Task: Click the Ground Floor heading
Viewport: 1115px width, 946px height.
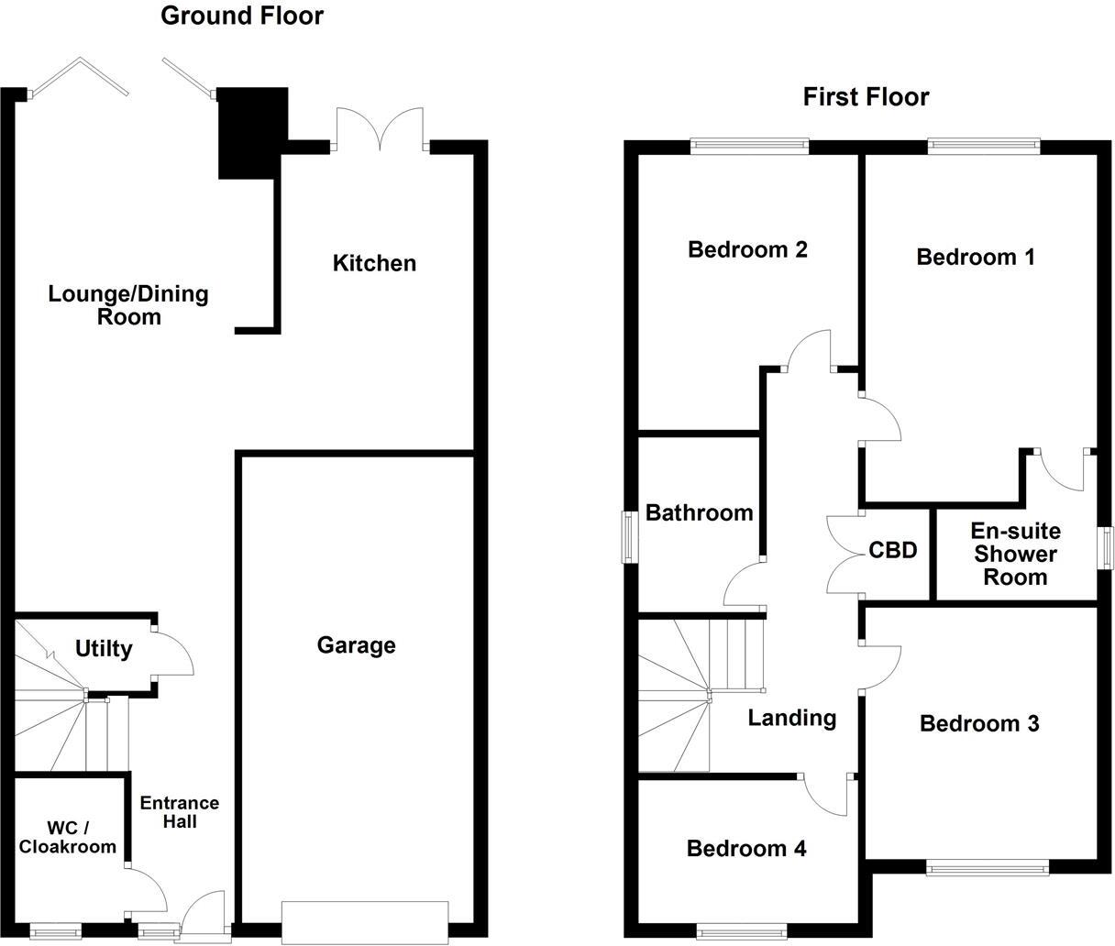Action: click(x=242, y=16)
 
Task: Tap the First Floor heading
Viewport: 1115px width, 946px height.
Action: click(x=866, y=97)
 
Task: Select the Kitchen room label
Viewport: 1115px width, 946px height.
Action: click(x=374, y=263)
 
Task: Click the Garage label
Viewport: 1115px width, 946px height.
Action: click(x=356, y=645)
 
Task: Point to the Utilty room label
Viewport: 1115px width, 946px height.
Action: click(x=104, y=649)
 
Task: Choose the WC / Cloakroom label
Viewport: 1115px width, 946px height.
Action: click(x=68, y=837)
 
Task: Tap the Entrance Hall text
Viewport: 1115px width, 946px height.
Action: click(x=180, y=812)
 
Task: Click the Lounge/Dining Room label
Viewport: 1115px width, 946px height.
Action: click(x=128, y=305)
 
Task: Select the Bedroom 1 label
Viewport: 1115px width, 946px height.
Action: click(x=976, y=258)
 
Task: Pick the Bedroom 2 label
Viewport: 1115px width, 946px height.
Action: click(x=747, y=249)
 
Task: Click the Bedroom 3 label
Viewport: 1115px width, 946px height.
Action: click(x=979, y=724)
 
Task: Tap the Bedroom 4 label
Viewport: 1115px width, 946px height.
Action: click(x=746, y=849)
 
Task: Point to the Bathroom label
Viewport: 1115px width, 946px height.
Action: click(x=699, y=513)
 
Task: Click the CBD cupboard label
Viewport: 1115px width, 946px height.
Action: click(x=893, y=550)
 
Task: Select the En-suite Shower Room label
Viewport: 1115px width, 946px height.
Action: click(x=1015, y=555)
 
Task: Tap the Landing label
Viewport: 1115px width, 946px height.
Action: click(x=792, y=719)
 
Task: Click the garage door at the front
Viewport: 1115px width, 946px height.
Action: click(x=365, y=922)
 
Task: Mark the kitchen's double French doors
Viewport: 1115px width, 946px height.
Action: click(x=381, y=129)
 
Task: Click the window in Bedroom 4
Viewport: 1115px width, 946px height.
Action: click(x=742, y=930)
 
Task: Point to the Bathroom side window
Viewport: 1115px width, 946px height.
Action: click(x=630, y=536)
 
